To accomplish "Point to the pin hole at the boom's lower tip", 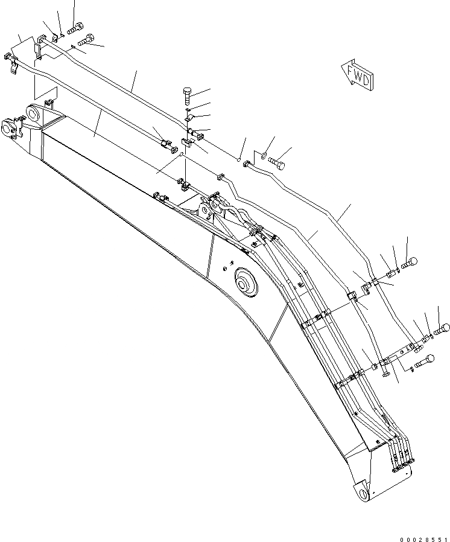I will tap(364, 495).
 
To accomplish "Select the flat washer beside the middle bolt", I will tap(263, 156).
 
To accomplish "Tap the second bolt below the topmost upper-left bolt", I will tap(85, 41).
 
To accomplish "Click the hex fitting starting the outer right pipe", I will tap(247, 163).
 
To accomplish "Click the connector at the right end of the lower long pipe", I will tap(170, 145).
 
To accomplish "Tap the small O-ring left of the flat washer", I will tap(239, 159).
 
